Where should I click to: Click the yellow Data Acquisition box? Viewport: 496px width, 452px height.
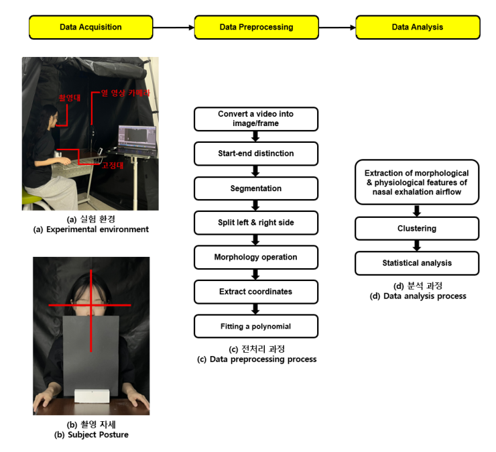tap(90, 27)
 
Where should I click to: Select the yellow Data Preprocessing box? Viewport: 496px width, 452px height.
tap(256, 27)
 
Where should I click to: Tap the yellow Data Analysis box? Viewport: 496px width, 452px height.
tap(418, 27)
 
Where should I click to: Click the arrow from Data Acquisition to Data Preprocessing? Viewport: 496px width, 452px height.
tap(174, 27)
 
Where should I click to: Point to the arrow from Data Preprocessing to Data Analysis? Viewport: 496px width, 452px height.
tap(337, 27)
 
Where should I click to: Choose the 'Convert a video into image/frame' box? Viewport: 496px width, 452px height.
tap(256, 119)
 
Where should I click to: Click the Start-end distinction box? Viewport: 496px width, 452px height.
tap(256, 154)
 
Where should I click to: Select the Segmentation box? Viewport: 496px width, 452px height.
tap(256, 188)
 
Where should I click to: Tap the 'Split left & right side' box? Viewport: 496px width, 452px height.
tap(256, 223)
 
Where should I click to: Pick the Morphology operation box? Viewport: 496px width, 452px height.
tap(256, 257)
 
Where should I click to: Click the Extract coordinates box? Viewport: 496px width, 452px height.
tap(256, 292)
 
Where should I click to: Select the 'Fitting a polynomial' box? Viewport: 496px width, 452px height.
tap(256, 327)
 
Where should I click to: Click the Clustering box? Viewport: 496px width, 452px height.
tap(417, 229)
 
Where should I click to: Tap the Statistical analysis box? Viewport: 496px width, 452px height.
tap(417, 263)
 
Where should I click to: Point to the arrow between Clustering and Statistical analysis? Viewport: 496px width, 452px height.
tap(417, 246)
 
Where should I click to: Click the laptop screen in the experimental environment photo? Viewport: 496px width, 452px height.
tap(137, 136)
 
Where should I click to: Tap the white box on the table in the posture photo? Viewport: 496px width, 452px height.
tap(92, 396)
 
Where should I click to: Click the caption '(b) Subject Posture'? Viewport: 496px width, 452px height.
tap(91, 435)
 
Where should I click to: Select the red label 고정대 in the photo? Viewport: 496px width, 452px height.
tap(113, 165)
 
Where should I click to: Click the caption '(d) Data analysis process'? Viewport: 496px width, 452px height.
tap(418, 296)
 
